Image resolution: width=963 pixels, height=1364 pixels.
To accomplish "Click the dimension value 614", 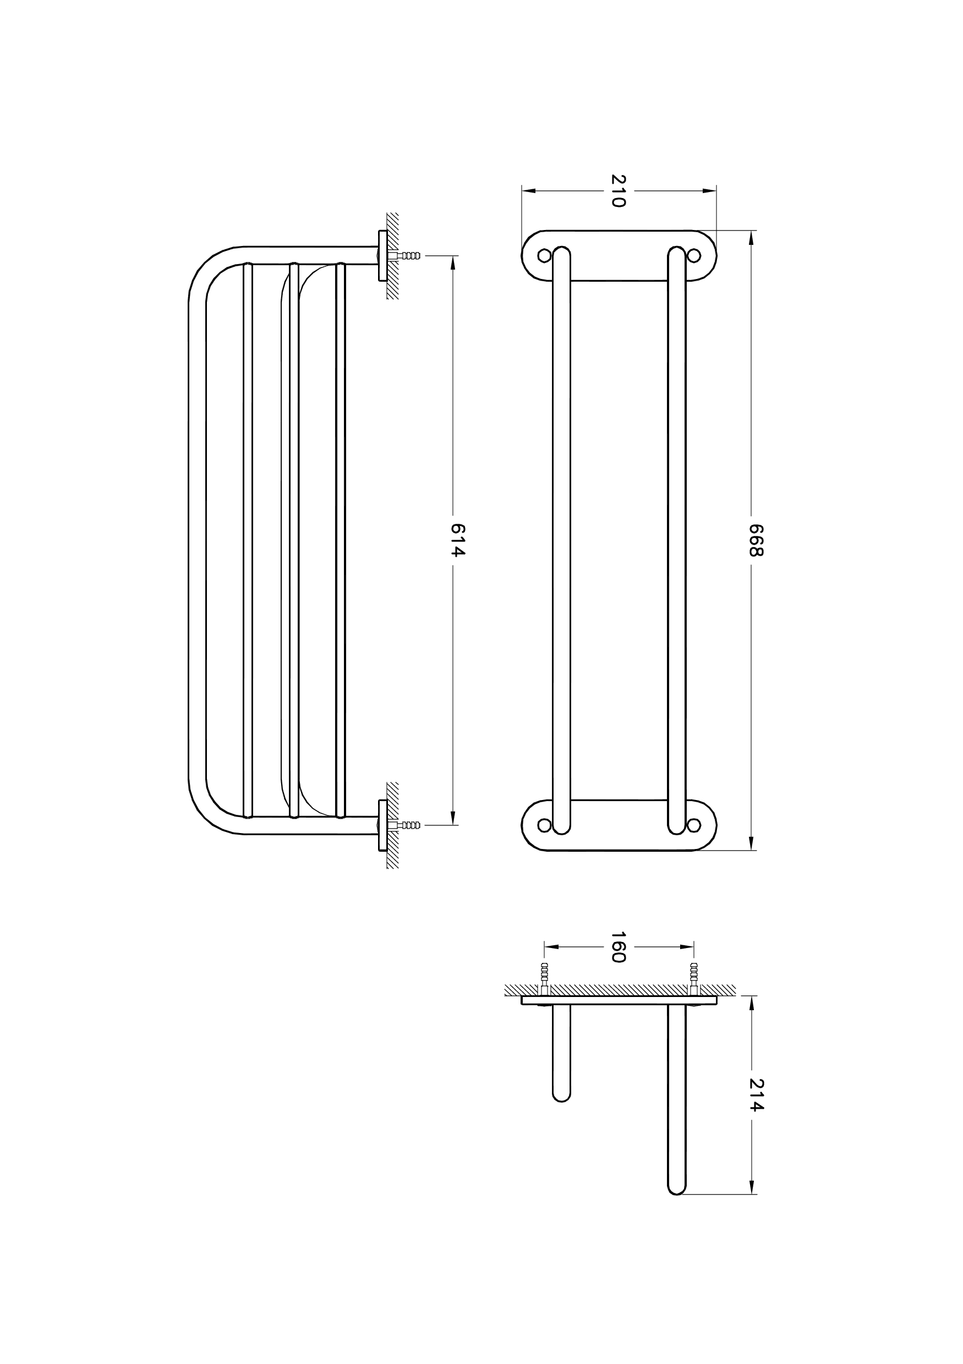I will [x=457, y=539].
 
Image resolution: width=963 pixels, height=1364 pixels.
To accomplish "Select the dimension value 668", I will [x=755, y=539].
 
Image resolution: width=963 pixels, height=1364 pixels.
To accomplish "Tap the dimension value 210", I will [x=619, y=191].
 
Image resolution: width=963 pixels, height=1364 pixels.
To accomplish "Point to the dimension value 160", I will [x=619, y=947].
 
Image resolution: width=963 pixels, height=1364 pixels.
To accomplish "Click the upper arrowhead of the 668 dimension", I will [x=752, y=238].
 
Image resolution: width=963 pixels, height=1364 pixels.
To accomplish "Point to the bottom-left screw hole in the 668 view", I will [x=544, y=825].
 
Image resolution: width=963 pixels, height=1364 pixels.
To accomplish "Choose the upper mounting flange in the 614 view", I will [x=382, y=255].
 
